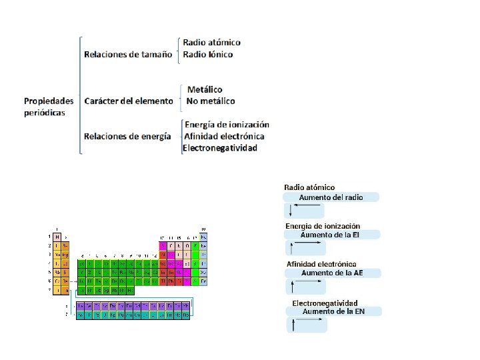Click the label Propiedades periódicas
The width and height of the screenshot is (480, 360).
click(49, 107)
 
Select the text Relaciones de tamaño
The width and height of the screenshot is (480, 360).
click(128, 54)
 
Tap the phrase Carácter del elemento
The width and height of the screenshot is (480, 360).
click(129, 101)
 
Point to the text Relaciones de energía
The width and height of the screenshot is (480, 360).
click(127, 136)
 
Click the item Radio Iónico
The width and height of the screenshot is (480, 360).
click(208, 54)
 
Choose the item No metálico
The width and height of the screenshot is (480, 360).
click(211, 101)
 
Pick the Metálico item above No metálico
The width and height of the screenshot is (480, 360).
click(205, 89)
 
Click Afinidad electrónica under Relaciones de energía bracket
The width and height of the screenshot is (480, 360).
click(224, 136)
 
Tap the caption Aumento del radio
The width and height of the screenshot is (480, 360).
click(331, 197)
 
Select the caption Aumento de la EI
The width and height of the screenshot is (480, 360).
click(331, 235)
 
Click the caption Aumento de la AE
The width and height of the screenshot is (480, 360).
click(332, 273)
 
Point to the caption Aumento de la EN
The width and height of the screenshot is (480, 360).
click(333, 311)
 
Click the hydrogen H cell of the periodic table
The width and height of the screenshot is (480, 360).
click(57, 237)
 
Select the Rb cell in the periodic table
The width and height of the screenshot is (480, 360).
click(57, 272)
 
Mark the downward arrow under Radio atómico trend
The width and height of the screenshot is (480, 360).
click(290, 211)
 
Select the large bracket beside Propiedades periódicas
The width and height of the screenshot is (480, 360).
click(79, 95)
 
